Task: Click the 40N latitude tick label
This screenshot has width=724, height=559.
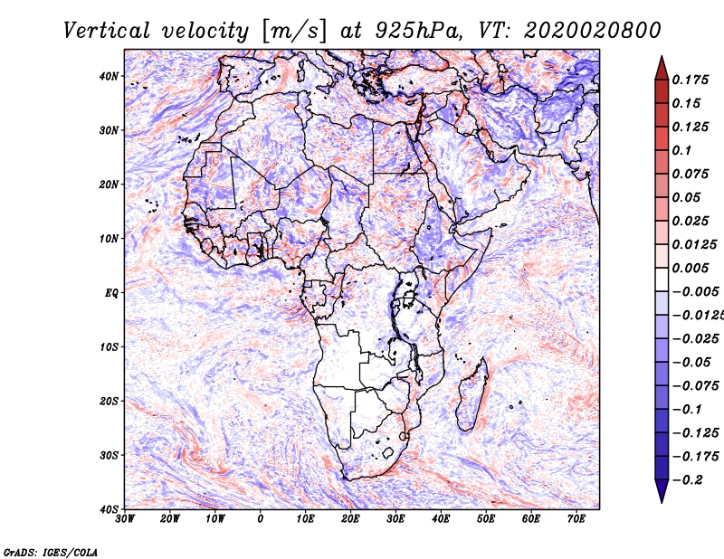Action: pos(109,76)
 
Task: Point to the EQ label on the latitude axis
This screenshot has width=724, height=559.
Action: pos(111,293)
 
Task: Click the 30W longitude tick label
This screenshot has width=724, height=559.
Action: pos(125,518)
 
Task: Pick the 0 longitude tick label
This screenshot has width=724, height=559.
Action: pos(261,518)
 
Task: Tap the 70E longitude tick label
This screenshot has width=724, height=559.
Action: pos(576,518)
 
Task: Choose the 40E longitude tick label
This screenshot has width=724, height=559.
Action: pos(441,518)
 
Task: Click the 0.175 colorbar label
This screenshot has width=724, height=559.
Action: pos(690,80)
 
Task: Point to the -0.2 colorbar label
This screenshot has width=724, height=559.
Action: pos(687,479)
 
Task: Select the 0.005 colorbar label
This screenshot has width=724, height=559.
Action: pos(690,268)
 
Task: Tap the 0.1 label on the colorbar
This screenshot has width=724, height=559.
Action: pos(681,150)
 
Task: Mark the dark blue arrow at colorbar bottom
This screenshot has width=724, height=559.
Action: pos(662,490)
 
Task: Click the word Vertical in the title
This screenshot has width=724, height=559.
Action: pos(106,31)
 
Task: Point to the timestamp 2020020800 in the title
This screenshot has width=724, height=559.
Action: pos(593,31)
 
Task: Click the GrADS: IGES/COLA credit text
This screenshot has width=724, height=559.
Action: pos(51,552)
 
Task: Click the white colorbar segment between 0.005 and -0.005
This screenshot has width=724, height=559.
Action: pos(662,279)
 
